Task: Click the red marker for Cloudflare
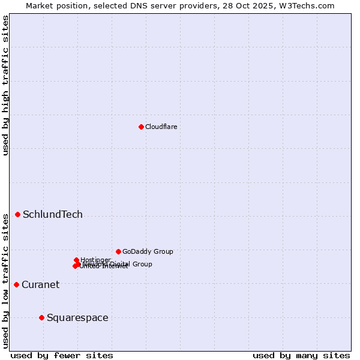coord(141,127)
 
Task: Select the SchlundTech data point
coord(18,214)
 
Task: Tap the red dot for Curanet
coord(16,284)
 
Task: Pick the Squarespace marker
coord(41,317)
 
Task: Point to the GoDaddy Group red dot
coord(118,251)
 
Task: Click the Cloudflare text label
coord(161,127)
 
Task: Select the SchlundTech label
coord(53,214)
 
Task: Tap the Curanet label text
coord(40,284)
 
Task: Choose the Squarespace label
coord(77,317)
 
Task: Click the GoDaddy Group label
coord(148,251)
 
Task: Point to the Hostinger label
coord(95,260)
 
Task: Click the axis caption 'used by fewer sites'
coord(62,355)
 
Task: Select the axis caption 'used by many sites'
coord(301,355)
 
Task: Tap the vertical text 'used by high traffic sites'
coord(5,85)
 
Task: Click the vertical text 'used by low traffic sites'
coord(5,280)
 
